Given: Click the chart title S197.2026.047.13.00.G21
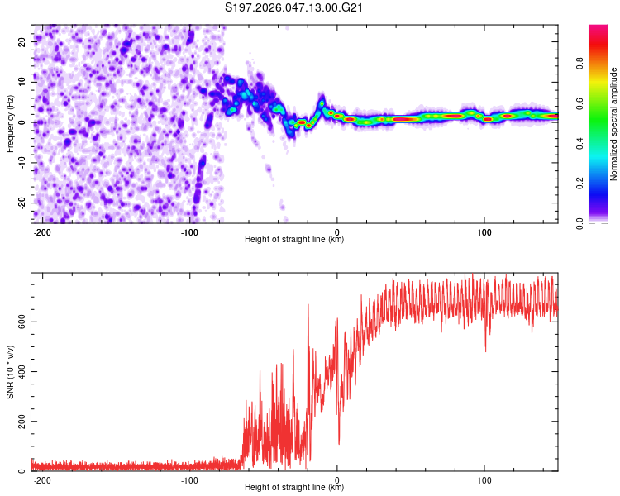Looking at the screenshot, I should click(x=295, y=8).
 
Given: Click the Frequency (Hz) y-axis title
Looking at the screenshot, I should click(x=11, y=124).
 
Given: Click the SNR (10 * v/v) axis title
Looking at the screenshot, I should click(x=11, y=372).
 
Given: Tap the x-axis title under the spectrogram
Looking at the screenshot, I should click(x=294, y=240).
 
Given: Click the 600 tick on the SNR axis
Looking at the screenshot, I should click(x=20, y=321).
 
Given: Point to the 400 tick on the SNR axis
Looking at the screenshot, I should click(x=20, y=371).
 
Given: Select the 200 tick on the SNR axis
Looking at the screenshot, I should click(x=20, y=422).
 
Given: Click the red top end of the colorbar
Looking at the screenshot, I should click(x=599, y=29).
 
